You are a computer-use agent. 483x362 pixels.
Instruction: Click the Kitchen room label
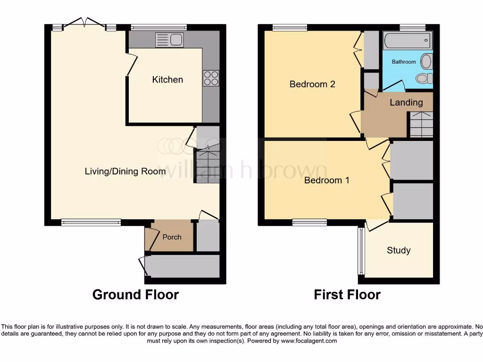click(167, 80)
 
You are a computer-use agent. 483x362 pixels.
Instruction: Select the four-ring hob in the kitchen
click(211, 78)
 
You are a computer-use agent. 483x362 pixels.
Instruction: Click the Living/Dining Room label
click(125, 171)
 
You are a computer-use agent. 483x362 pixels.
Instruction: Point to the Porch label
click(172, 237)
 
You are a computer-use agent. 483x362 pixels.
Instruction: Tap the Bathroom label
click(404, 62)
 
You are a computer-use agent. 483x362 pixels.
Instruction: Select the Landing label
click(406, 102)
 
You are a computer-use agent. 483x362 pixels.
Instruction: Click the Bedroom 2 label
click(312, 84)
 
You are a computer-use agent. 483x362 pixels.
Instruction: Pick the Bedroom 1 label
click(326, 180)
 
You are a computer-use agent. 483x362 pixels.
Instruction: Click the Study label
click(399, 250)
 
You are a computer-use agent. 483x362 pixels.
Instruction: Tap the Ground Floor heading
click(135, 295)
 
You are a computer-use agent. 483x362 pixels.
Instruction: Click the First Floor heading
click(347, 295)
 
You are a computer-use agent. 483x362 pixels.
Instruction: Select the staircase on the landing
click(421, 125)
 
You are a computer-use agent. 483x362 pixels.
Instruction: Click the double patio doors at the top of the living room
click(84, 25)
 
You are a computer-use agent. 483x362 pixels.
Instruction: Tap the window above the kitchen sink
click(158, 27)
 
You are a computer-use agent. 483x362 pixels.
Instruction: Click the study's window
click(361, 251)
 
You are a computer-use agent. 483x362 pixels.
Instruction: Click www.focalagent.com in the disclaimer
click(308, 341)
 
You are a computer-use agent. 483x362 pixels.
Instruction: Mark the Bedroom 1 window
click(309, 222)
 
